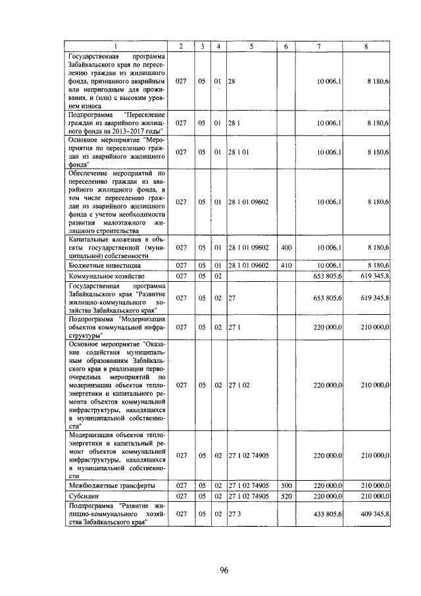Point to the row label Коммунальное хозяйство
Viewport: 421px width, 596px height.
tap(107, 275)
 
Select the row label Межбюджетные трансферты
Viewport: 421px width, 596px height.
tap(112, 485)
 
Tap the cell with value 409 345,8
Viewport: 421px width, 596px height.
tap(375, 512)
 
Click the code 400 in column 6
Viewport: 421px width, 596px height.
tap(285, 248)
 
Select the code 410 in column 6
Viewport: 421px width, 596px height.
tap(285, 265)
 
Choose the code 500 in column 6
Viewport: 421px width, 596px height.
tap(285, 485)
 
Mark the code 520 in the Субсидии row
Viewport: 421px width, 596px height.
tap(285, 495)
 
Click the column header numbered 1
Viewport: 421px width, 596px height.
tap(116, 45)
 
